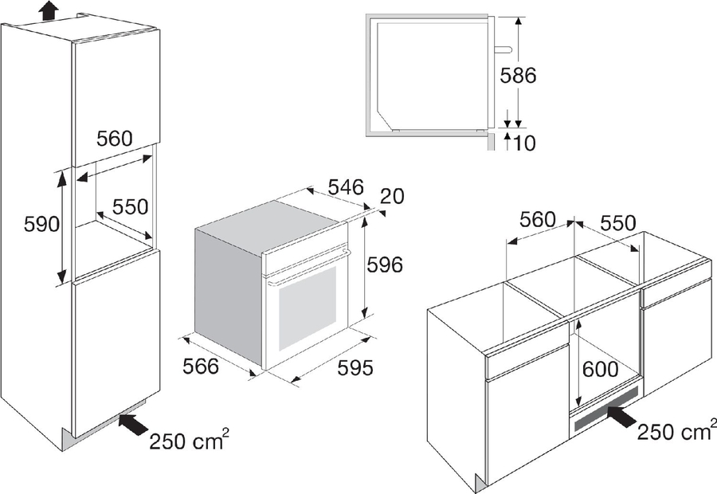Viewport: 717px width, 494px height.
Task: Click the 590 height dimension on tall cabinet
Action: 41,224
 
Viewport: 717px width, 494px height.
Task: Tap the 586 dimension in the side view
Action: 518,76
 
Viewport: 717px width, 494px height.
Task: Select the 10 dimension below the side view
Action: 524,143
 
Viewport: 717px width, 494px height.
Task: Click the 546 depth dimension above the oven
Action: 347,187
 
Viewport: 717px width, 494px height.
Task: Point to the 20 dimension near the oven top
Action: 392,196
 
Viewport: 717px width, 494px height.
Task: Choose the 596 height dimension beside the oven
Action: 385,265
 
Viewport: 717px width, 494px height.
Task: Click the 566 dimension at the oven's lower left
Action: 201,367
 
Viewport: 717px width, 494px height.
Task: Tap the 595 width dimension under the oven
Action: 355,367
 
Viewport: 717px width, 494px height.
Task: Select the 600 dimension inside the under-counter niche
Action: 601,369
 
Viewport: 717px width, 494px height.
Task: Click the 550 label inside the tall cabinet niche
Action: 131,206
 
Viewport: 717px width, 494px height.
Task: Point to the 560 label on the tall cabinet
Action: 114,138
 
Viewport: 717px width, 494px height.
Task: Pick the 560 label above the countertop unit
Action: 538,220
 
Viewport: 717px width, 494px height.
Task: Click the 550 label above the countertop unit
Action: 617,223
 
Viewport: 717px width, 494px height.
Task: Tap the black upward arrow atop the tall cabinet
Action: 49,10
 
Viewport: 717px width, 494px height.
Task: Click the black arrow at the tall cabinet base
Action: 133,424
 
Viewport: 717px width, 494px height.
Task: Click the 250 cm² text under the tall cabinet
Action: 189,440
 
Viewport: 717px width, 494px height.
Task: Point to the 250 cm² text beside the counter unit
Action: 676,430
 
